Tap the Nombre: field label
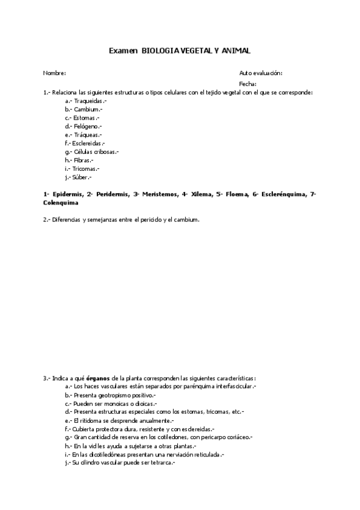coord(54,73)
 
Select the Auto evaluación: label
coord(260,73)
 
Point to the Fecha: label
coord(248,84)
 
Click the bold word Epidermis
coord(67,195)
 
